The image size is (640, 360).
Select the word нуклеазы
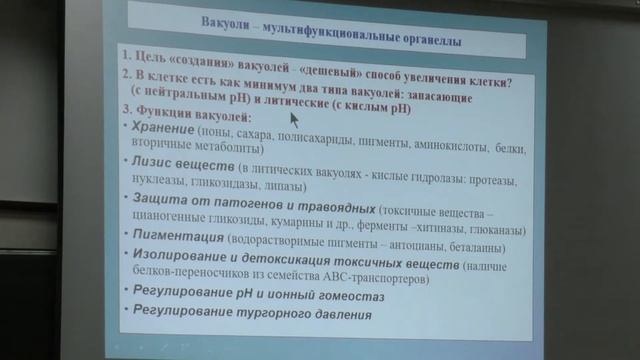click(x=151, y=186)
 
